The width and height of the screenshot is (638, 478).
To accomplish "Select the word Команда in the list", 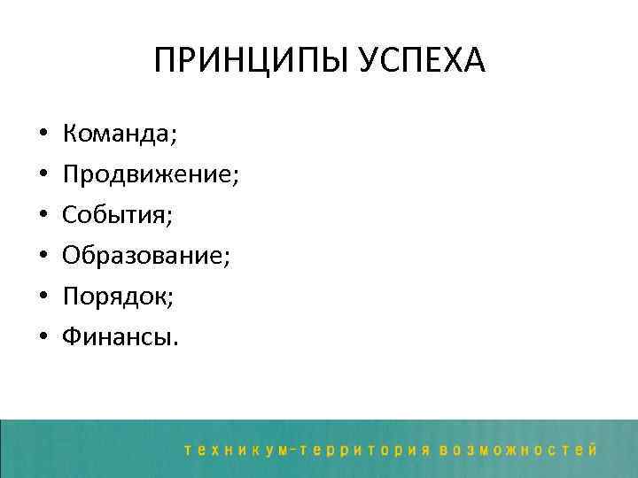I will pyautogui.click(x=114, y=135).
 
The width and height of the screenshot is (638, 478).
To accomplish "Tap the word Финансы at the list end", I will pyautogui.click(x=116, y=336).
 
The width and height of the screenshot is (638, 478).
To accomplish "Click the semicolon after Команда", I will pyautogui.click(x=175, y=138).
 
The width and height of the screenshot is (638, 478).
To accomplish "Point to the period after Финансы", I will pyautogui.click(x=175, y=343).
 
